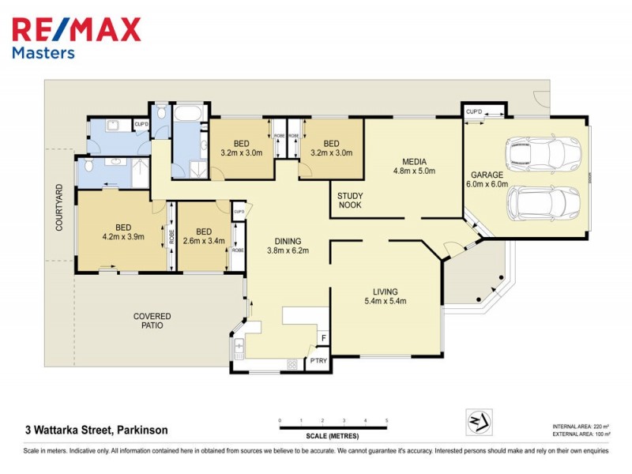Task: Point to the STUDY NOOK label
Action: [350, 201]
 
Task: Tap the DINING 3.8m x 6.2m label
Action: [287, 246]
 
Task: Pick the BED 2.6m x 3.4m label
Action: [203, 235]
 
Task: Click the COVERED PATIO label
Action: [152, 321]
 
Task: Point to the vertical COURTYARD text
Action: [58, 208]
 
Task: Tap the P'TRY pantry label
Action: [318, 361]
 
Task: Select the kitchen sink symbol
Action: [239, 346]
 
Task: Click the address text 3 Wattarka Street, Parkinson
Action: [96, 431]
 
